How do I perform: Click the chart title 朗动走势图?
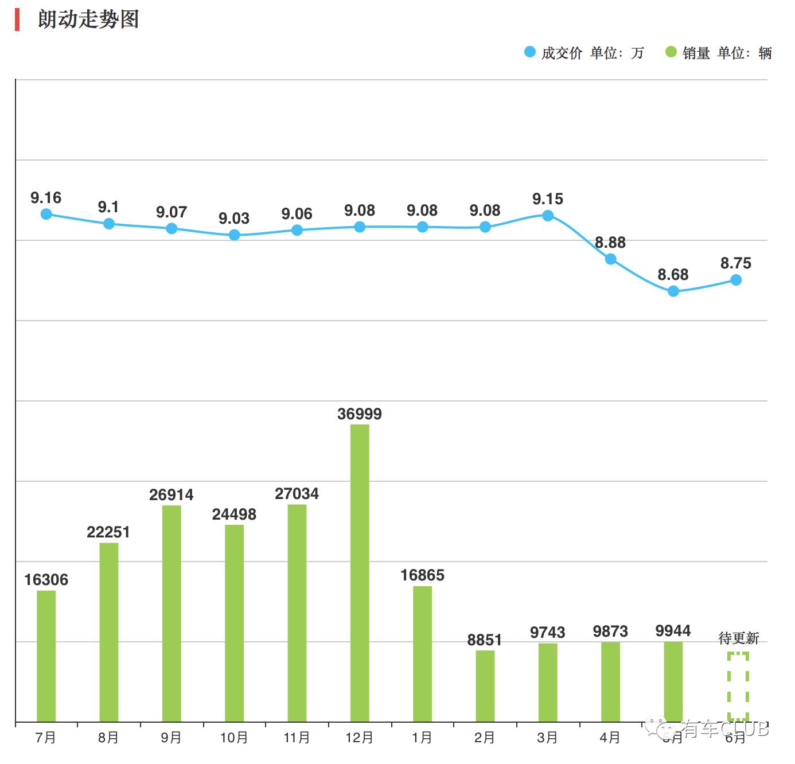[88, 19]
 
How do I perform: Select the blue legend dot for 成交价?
[530, 52]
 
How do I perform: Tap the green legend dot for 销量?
[671, 52]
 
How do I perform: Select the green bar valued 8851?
[485, 685]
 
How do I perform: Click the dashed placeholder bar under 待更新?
[738, 686]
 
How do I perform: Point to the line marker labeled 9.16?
[46, 214]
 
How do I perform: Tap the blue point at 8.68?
[673, 291]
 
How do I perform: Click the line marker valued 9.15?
[548, 216]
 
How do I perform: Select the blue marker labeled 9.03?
[234, 235]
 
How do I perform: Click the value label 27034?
[297, 494]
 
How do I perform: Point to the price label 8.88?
[610, 243]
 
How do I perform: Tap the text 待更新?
[738, 638]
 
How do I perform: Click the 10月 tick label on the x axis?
[234, 738]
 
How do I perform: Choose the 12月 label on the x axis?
[360, 738]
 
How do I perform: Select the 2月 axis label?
[485, 738]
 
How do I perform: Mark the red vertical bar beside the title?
[17, 20]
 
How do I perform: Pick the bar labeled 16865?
[422, 653]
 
